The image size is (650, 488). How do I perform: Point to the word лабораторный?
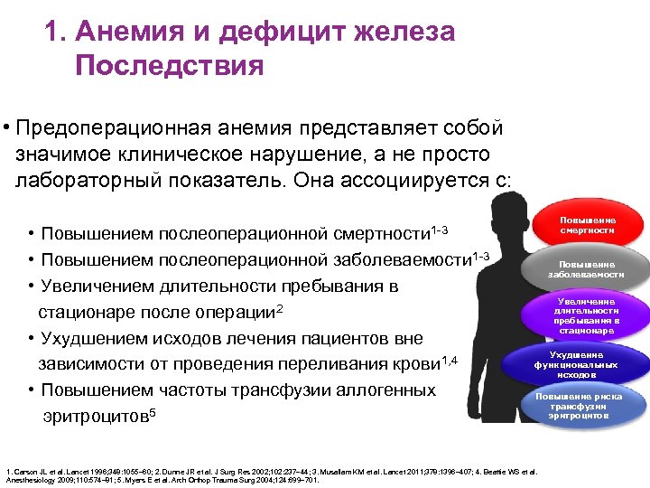(91, 179)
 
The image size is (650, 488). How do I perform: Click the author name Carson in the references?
(26, 472)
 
